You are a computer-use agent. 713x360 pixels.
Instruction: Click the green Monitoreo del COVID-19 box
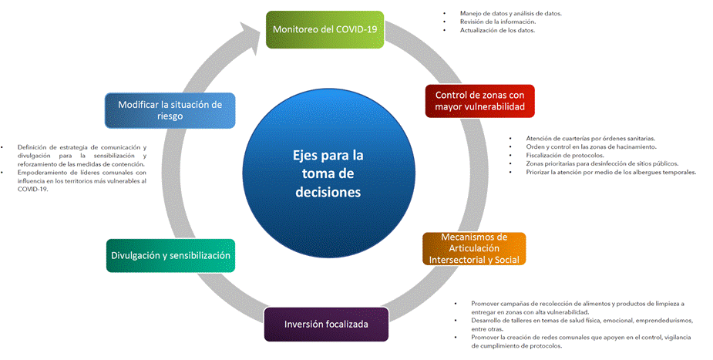(325, 29)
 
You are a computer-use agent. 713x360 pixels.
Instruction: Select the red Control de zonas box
(479, 101)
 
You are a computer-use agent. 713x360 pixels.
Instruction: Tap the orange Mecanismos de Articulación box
(475, 248)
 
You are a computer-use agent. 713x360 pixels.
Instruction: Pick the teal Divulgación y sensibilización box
(170, 254)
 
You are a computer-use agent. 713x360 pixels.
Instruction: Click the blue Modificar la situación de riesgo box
(170, 110)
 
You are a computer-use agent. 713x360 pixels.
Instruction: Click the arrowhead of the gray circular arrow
(251, 35)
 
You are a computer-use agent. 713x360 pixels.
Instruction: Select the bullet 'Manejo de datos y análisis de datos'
(511, 14)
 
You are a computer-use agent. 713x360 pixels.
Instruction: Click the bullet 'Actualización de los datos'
(498, 31)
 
